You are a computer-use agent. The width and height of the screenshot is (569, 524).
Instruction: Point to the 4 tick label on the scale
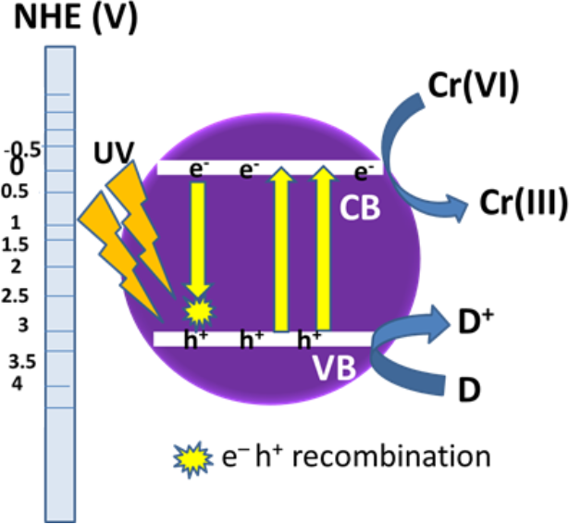[17, 382]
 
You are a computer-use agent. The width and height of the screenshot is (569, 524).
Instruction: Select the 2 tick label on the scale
[17, 267]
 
